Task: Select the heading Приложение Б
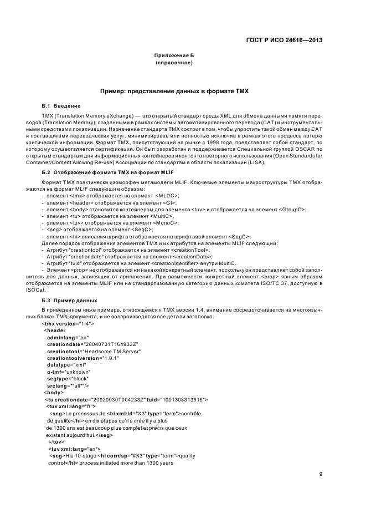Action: [x=174, y=56]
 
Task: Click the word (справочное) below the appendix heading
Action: [x=174, y=63]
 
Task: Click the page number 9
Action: [x=321, y=474]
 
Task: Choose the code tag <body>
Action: [x=54, y=392]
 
